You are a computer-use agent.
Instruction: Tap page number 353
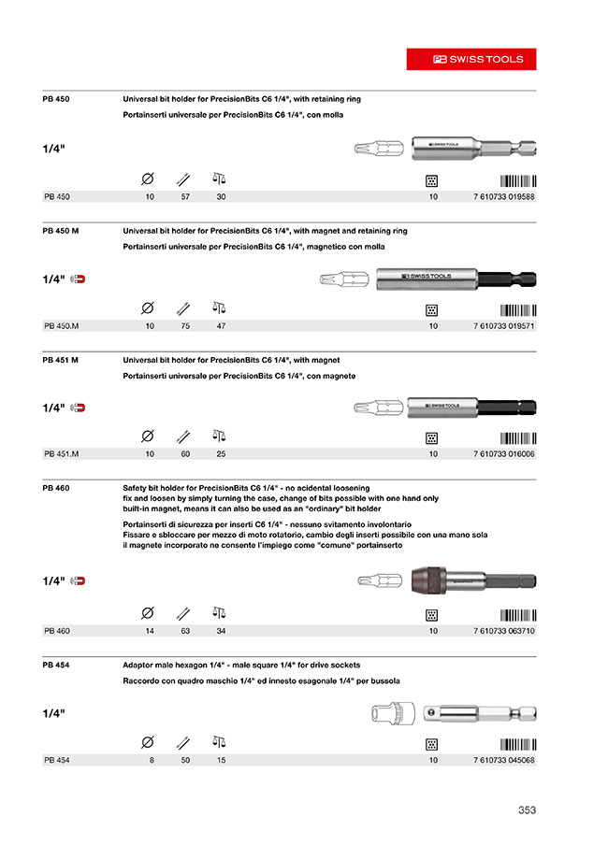pyautogui.click(x=527, y=810)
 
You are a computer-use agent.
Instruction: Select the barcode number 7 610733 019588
pyautogui.click(x=504, y=197)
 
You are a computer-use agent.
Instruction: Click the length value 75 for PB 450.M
pyautogui.click(x=185, y=326)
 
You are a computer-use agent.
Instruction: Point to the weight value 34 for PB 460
pyautogui.click(x=221, y=631)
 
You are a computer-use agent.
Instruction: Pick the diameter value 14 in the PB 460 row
pyautogui.click(x=150, y=631)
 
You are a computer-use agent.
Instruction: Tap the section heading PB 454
pyautogui.click(x=57, y=665)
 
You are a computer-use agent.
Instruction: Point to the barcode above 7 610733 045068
pyautogui.click(x=517, y=745)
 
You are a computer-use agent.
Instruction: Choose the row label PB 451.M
pyautogui.click(x=61, y=454)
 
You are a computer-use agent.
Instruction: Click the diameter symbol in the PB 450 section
pyautogui.click(x=147, y=179)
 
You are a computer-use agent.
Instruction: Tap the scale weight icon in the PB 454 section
pyautogui.click(x=220, y=743)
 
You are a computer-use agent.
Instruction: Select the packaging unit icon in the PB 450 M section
pyautogui.click(x=432, y=308)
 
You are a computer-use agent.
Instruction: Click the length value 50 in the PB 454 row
pyautogui.click(x=185, y=761)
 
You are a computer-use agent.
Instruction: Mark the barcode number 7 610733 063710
pyautogui.click(x=504, y=631)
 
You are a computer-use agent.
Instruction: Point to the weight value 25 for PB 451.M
pyautogui.click(x=221, y=454)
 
